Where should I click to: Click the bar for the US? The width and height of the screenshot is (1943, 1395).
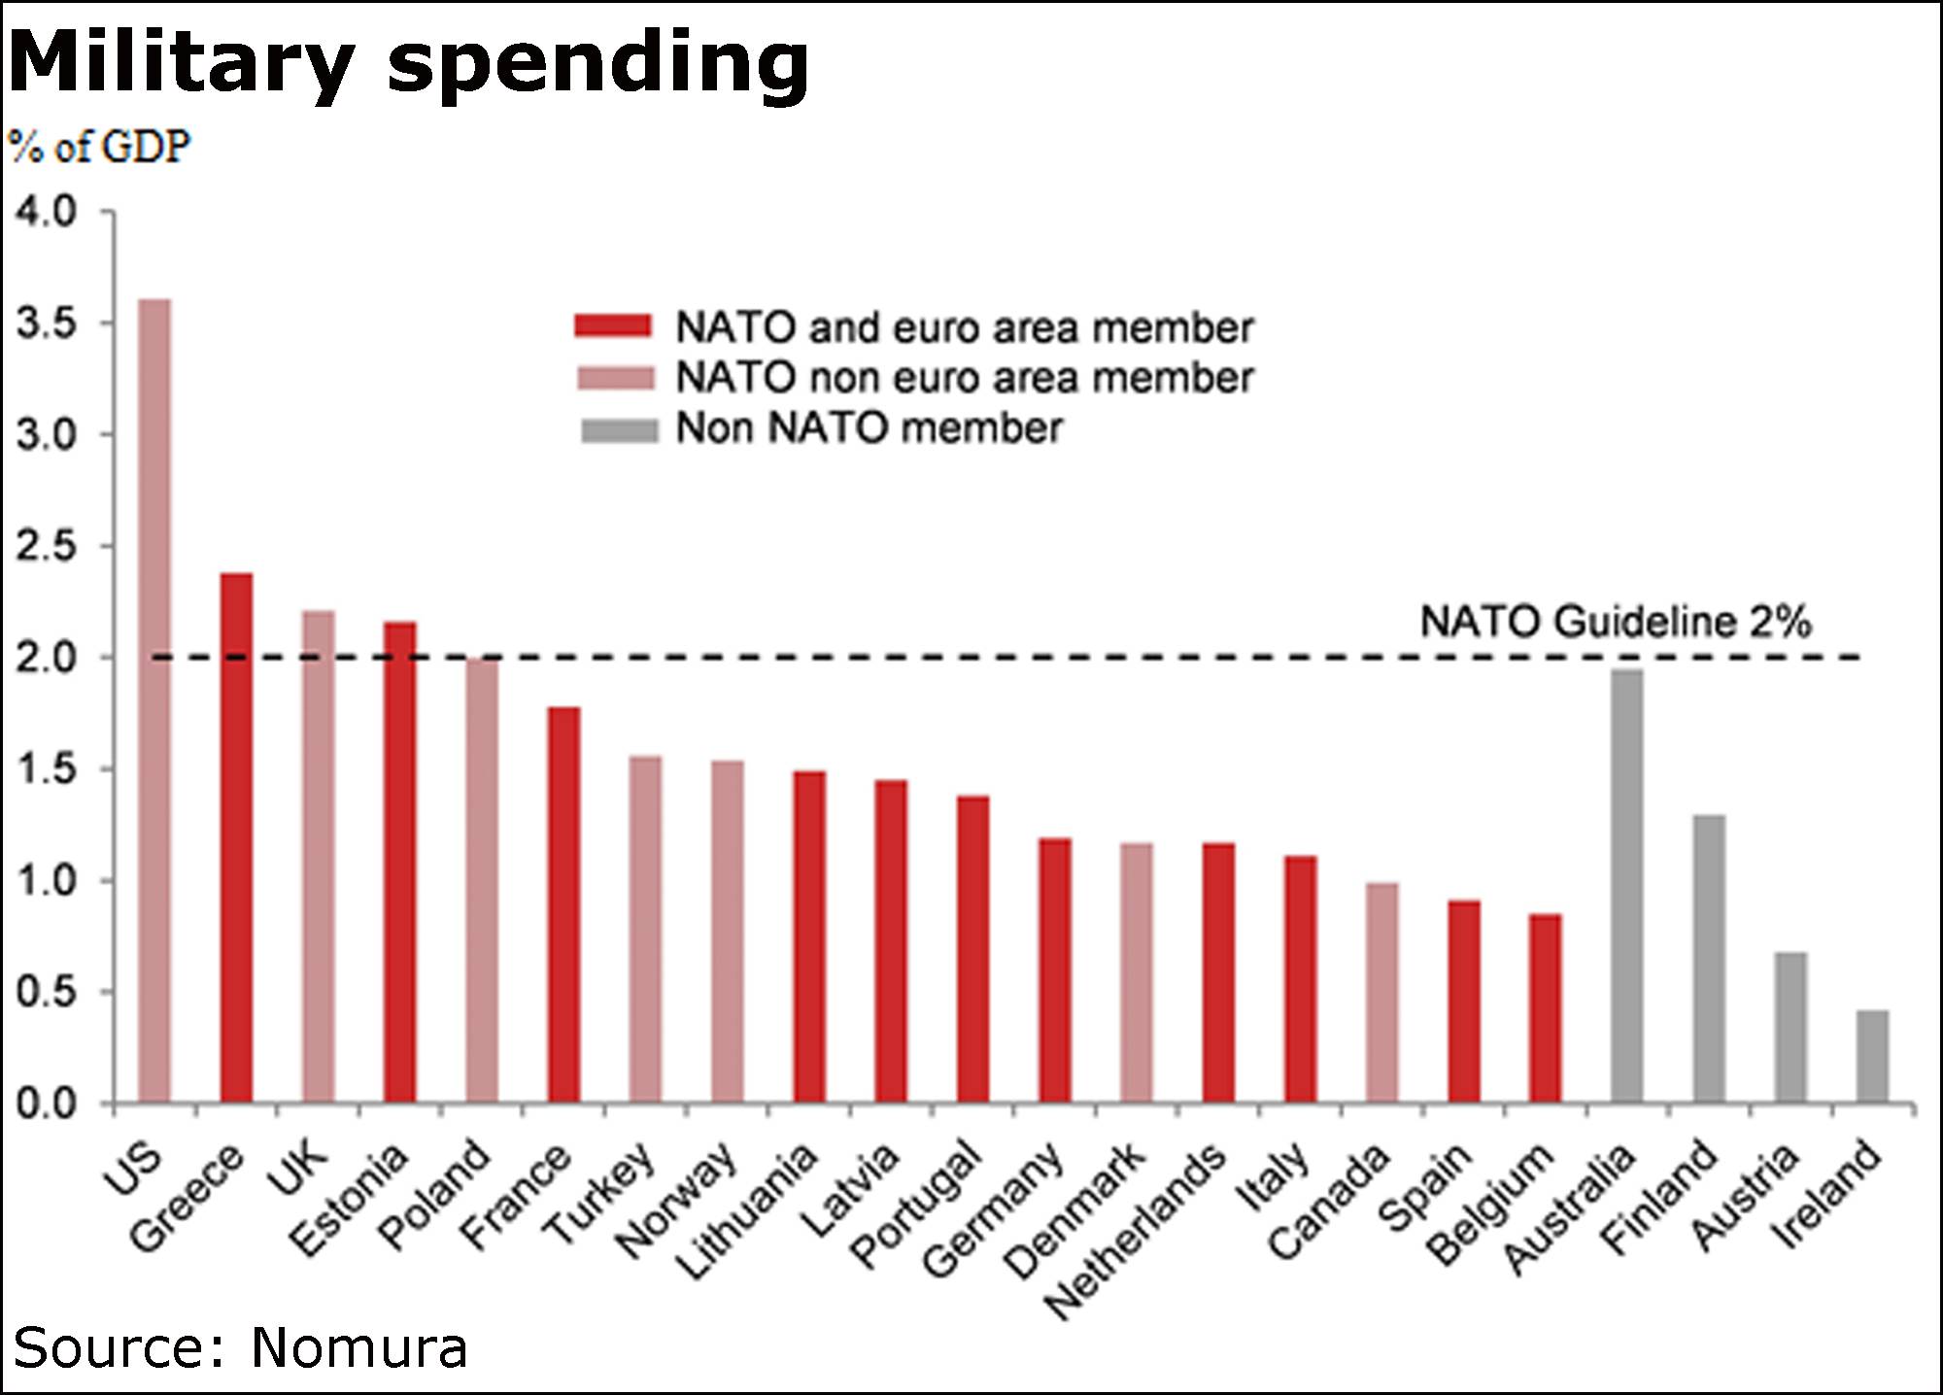154,699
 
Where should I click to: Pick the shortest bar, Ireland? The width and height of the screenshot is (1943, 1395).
1872,1057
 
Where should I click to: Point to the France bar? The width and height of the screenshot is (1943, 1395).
563,904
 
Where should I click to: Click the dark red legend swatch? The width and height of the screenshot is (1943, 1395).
613,326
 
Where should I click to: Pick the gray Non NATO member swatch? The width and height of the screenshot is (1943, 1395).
619,429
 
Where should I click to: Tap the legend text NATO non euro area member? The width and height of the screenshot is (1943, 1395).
965,378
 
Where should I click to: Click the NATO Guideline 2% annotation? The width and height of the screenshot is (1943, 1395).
1615,622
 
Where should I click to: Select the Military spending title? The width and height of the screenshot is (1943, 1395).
408,60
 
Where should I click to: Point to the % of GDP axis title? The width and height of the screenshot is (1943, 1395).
99,148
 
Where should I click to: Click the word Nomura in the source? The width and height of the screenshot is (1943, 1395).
358,1348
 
